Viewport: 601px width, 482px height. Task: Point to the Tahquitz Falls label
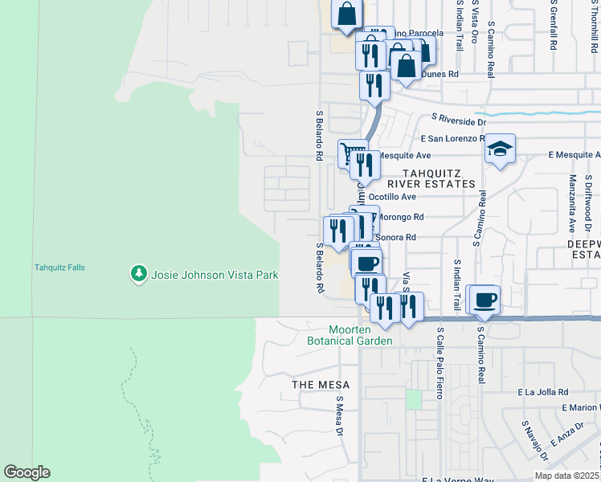pos(59,268)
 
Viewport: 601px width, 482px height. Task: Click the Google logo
pos(27,472)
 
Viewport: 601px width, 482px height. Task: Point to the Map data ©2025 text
pos(567,476)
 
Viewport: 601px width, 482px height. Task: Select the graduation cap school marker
pos(500,149)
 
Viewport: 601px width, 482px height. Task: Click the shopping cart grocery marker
pos(350,152)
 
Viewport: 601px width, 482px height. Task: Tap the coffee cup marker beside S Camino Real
pos(484,300)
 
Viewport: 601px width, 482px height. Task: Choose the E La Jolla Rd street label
pos(542,392)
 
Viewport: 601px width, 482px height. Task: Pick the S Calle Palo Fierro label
pos(440,362)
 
